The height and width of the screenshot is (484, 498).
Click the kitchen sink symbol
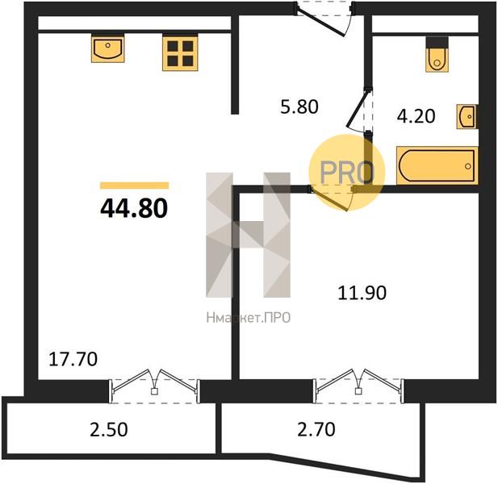pos(107,48)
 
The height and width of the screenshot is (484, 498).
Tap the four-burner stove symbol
pos(180,52)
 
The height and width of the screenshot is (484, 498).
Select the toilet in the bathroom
pos(437,55)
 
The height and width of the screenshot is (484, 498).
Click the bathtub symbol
pos(437,165)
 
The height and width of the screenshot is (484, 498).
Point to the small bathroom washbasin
pos(467,116)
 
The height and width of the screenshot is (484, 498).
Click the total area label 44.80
pos(134,208)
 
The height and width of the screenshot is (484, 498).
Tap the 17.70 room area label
pos(73,359)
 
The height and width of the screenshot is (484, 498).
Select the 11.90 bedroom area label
pos(362,293)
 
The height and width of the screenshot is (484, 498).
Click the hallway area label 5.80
pos(299,106)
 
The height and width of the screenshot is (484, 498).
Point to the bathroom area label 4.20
pos(416,116)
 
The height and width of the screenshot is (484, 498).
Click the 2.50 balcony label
pos(109,430)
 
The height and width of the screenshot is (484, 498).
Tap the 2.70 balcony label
pos(316,429)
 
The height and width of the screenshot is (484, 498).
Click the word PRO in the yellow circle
pos(346,173)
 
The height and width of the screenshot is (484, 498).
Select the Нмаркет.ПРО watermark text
pos(249,317)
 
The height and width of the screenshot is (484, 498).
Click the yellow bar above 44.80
pos(134,186)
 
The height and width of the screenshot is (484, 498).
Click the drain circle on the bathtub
pos(468,166)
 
